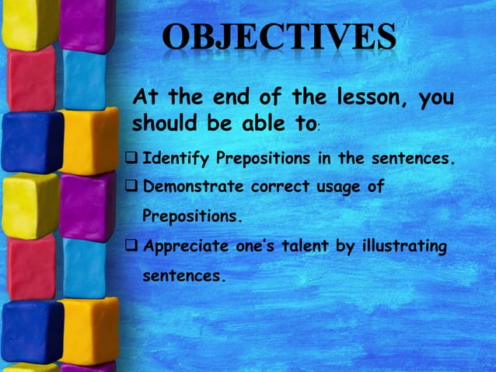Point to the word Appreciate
(x=185, y=247)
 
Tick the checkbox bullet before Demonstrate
(x=134, y=188)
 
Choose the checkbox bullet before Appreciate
(x=134, y=247)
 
